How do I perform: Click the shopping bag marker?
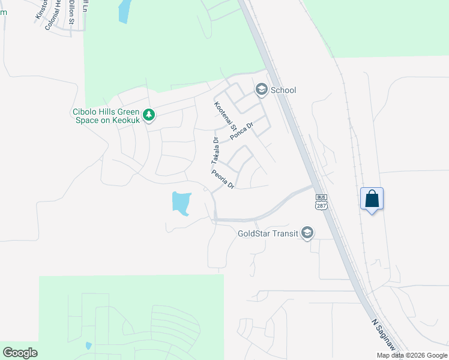[372, 199]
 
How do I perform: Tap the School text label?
[283, 90]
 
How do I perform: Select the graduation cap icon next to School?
[262, 90]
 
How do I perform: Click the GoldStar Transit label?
[268, 233]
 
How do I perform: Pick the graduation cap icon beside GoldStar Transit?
[307, 233]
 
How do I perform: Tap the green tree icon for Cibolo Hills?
[149, 114]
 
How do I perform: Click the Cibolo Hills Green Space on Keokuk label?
[106, 116]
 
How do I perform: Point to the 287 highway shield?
[322, 206]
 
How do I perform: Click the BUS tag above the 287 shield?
[322, 197]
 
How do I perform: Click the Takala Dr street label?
[214, 151]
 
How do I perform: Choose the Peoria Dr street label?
[222, 179]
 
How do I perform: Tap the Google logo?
[20, 353]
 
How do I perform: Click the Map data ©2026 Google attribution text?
[412, 355]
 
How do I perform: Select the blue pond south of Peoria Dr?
[181, 202]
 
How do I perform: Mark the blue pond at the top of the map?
[124, 11]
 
